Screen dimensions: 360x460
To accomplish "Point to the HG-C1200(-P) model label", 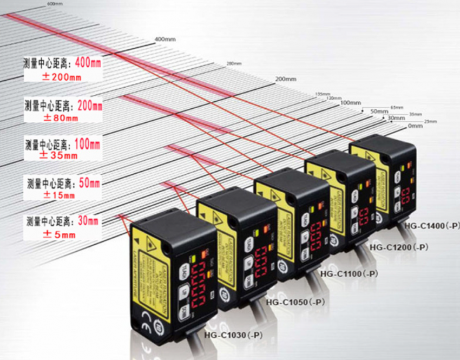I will [x=398, y=247].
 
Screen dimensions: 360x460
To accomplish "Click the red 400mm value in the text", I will [x=88, y=63].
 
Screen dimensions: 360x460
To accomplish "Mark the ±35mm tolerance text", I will [x=59, y=156].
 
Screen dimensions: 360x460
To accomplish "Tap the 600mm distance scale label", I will [x=55, y=4].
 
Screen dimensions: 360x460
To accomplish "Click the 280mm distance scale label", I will [x=233, y=63].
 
